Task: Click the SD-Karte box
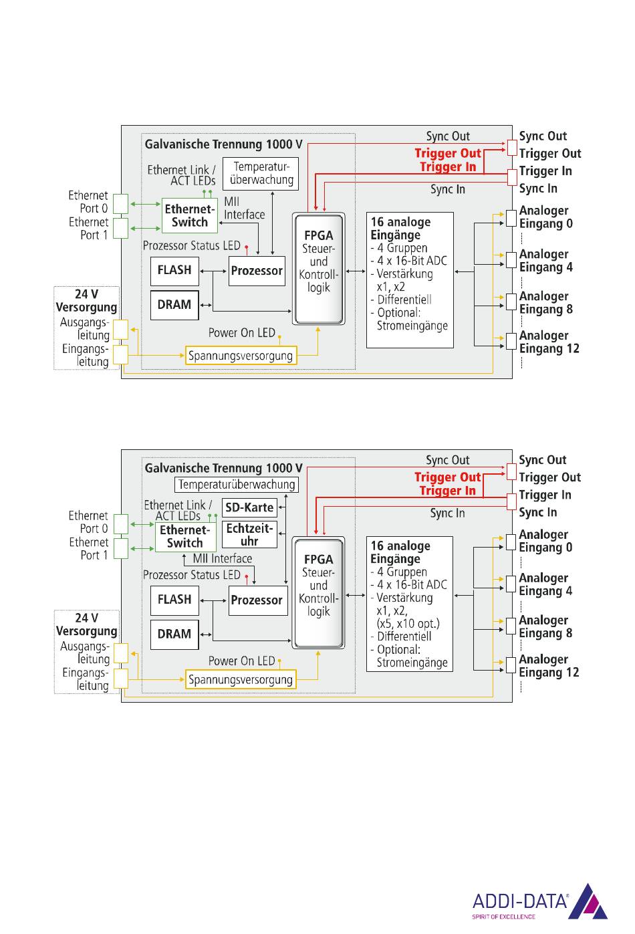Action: [x=249, y=507]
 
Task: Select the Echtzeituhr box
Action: [x=249, y=535]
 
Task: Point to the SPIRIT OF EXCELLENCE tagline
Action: [x=503, y=917]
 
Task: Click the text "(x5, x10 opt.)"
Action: [x=408, y=624]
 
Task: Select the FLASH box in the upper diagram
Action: [x=174, y=271]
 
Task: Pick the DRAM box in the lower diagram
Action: [x=174, y=634]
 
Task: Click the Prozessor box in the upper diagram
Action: [x=257, y=271]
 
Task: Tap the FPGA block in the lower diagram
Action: [x=319, y=592]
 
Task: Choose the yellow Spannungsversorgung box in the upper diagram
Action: [x=241, y=356]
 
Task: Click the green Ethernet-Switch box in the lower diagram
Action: [x=186, y=537]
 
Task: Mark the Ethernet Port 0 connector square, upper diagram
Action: [x=121, y=204]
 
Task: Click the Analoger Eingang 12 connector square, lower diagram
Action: [x=511, y=665]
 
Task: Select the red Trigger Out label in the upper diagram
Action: [x=448, y=154]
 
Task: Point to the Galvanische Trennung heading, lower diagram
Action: [x=223, y=468]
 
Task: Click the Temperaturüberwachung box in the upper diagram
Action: [x=261, y=173]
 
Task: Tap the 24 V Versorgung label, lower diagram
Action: [x=86, y=624]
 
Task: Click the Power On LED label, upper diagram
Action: [x=242, y=333]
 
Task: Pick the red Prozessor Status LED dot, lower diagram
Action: [x=247, y=576]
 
